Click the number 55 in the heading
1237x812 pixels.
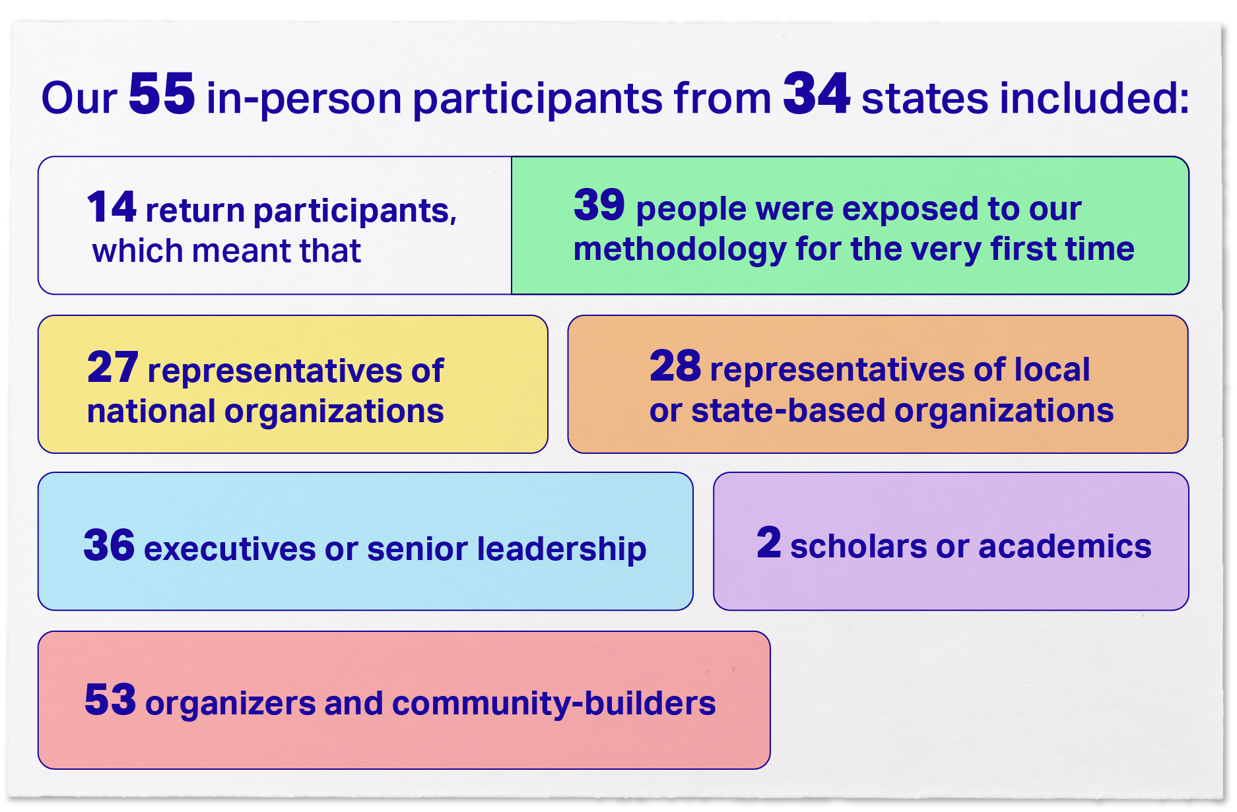point(162,94)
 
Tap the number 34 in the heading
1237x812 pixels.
point(817,94)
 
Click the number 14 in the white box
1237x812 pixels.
point(112,206)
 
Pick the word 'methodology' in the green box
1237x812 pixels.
point(680,250)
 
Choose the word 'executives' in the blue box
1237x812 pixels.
point(230,549)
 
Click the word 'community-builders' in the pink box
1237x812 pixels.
point(554,704)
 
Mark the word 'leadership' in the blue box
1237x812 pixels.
point(562,549)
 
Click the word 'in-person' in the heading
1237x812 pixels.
point(304,100)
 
